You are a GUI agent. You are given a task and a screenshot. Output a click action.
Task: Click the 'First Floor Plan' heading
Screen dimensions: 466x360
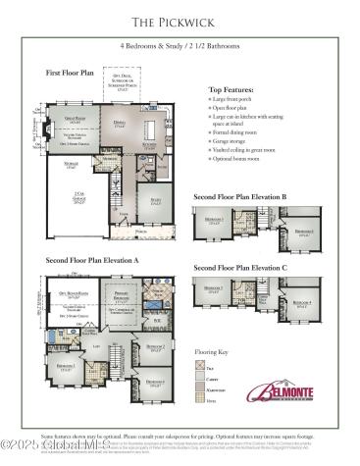[72, 73]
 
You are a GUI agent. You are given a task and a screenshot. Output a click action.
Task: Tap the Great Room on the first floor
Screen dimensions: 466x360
[71, 123]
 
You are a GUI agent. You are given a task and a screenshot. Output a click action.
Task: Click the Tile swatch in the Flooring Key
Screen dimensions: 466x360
[199, 364]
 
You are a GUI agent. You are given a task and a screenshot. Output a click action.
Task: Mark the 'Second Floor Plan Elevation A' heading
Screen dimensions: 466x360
[91, 261]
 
